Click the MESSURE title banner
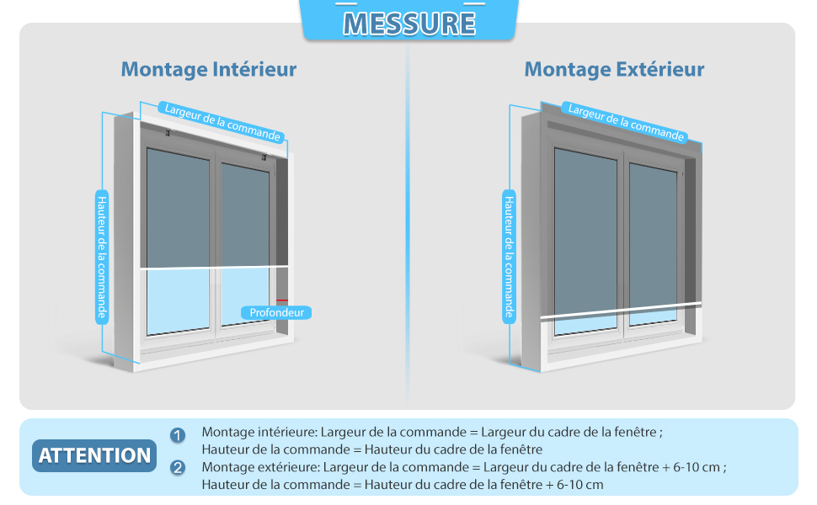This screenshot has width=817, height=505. click(409, 22)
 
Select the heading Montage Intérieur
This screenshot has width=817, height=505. click(209, 69)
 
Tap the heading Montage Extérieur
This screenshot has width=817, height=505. click(614, 69)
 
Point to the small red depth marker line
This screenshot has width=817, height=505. click(281, 300)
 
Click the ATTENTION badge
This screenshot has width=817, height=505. click(94, 455)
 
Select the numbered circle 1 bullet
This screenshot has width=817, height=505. click(178, 435)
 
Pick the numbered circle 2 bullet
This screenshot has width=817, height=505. click(178, 468)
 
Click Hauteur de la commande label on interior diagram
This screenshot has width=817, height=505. click(101, 256)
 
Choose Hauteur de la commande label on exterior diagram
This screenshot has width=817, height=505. click(509, 256)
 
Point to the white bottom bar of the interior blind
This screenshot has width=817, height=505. click(214, 268)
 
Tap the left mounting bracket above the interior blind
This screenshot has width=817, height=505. click(168, 133)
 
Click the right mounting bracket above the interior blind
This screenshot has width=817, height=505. click(264, 157)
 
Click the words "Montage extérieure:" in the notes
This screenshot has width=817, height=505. click(260, 467)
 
